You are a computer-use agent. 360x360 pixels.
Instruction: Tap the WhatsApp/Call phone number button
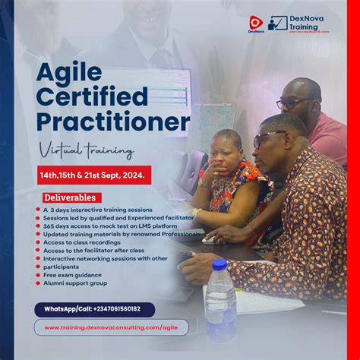pos(94,309)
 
